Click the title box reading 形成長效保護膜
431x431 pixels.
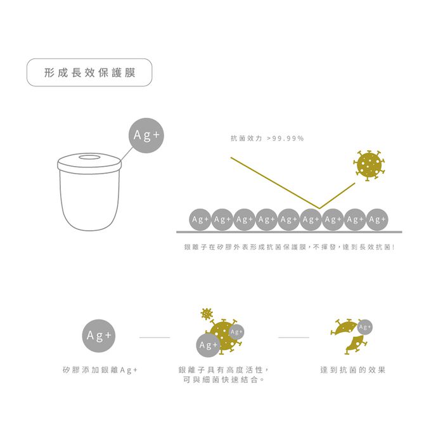(x=89, y=72)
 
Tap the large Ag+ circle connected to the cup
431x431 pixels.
(x=146, y=135)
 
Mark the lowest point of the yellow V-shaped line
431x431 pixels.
(x=321, y=207)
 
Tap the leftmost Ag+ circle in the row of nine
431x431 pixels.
(x=200, y=219)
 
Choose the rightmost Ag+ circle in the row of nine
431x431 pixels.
(x=377, y=219)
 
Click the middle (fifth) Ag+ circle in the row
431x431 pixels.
(x=288, y=219)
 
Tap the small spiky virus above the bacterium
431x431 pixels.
(x=205, y=313)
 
